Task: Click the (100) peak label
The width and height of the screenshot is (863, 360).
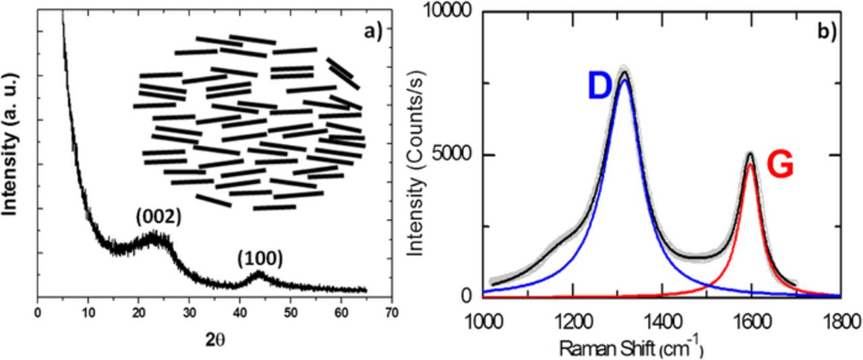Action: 259,257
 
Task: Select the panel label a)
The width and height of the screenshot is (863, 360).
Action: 368,29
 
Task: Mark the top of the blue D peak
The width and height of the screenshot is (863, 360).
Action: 625,80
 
